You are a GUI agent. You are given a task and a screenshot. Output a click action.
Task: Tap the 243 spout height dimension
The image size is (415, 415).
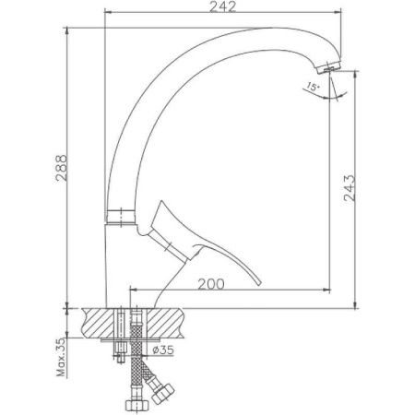coord(363,193)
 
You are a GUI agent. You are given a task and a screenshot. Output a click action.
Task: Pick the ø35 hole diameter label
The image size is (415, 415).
coord(164,350)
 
